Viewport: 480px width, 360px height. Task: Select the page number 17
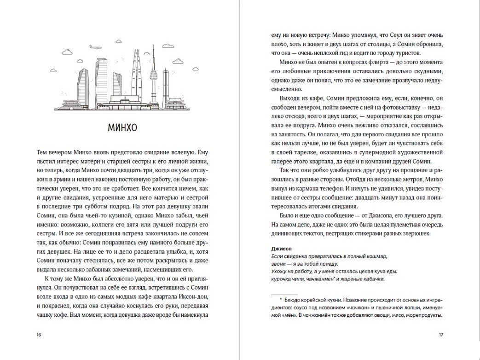(440, 335)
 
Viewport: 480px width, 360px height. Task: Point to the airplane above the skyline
(95, 46)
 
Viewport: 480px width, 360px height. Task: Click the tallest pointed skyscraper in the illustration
(137, 74)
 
